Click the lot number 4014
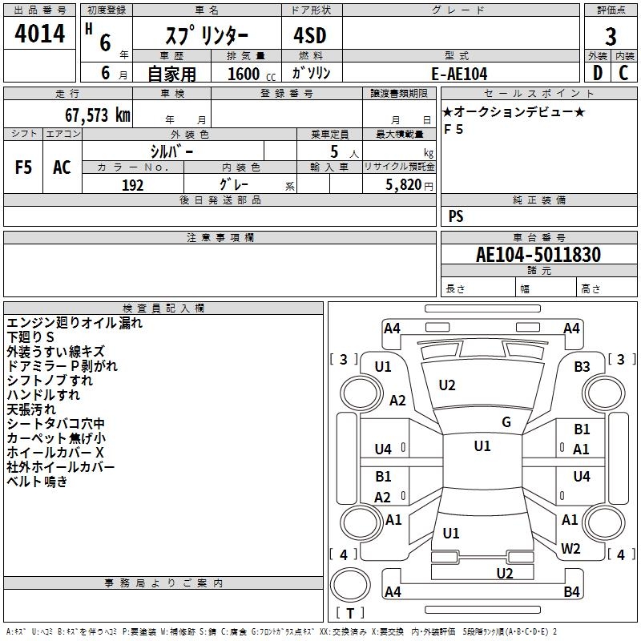(x=39, y=33)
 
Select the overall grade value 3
(x=611, y=37)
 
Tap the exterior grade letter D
(x=598, y=73)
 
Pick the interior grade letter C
(x=623, y=73)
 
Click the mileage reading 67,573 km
(x=97, y=115)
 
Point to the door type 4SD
(x=310, y=35)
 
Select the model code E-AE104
(x=459, y=74)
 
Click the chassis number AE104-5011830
(x=538, y=254)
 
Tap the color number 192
(x=132, y=185)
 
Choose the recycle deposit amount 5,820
(x=404, y=185)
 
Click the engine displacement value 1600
(x=244, y=74)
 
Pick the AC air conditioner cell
(x=62, y=167)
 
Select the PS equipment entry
(x=456, y=216)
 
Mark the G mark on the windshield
(x=506, y=422)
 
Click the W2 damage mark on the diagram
(x=570, y=548)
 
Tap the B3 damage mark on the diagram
(x=582, y=367)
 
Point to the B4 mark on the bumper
(x=571, y=591)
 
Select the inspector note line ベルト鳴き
(x=37, y=482)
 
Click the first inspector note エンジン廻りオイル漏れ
(x=75, y=323)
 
